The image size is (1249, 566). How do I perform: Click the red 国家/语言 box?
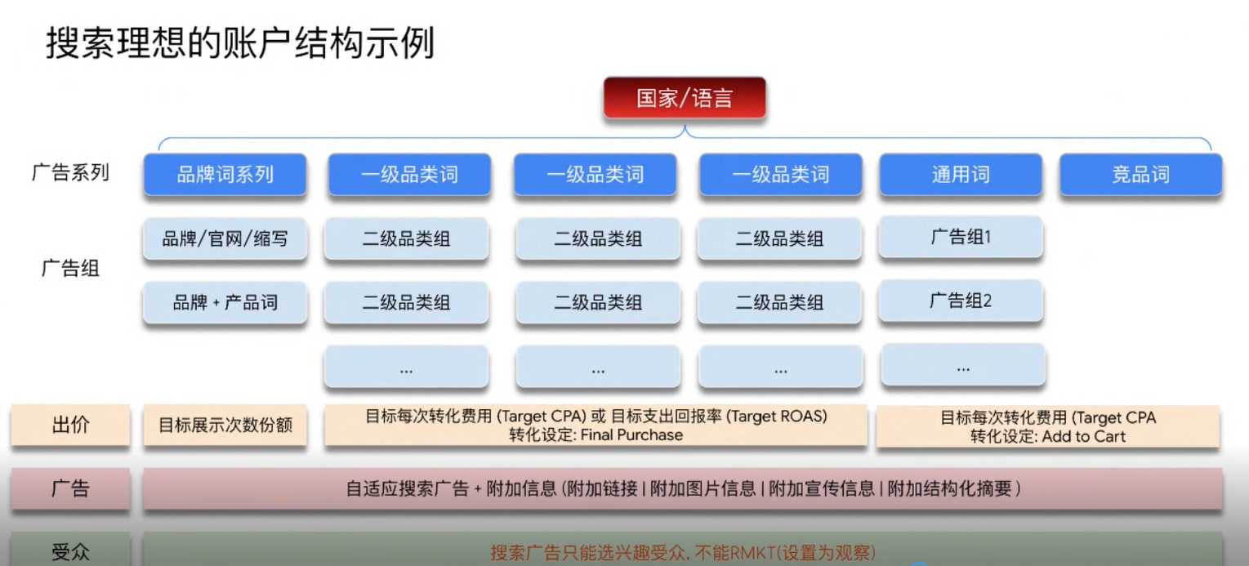point(685,99)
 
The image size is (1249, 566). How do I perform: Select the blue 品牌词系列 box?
point(225,175)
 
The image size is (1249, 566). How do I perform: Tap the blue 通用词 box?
point(960,175)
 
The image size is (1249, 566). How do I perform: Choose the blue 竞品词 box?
point(1140,175)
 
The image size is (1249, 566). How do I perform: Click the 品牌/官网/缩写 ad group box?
point(225,239)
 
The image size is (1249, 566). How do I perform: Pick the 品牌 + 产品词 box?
point(225,302)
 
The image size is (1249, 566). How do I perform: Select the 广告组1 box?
point(960,238)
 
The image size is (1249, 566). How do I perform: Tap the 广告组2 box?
point(960,301)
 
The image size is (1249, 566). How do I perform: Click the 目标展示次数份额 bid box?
point(225,426)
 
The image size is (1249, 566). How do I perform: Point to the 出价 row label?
point(70,426)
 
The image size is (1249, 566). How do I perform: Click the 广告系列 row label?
point(70,173)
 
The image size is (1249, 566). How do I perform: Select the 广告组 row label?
point(70,269)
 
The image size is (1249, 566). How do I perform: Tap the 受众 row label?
point(70,552)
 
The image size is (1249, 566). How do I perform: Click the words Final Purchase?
point(631,435)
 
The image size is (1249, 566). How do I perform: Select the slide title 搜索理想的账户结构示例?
point(239,43)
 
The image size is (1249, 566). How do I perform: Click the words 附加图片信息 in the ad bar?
point(703,489)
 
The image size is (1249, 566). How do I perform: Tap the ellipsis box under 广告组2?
point(962,367)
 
